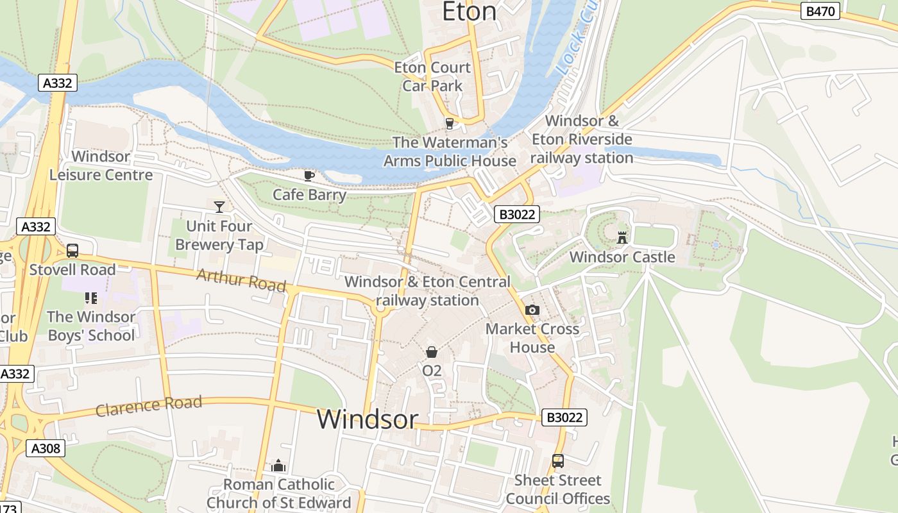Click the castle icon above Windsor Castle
point(622,238)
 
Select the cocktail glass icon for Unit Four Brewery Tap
point(219,206)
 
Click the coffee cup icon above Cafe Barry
point(309,176)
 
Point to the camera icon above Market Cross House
point(532,310)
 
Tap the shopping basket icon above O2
point(432,352)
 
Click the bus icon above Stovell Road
point(72,251)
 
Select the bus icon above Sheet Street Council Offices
point(558,461)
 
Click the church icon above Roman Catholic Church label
point(278,466)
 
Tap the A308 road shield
point(46,448)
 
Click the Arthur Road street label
point(241,280)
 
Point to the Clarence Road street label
point(149,406)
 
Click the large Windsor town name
point(368,419)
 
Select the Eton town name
point(470,12)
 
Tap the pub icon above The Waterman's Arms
point(450,123)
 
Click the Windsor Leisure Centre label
point(101,165)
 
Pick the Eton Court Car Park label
point(432,76)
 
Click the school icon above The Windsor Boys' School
point(90,298)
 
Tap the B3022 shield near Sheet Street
point(564,417)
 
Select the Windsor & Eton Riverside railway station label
point(582,139)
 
